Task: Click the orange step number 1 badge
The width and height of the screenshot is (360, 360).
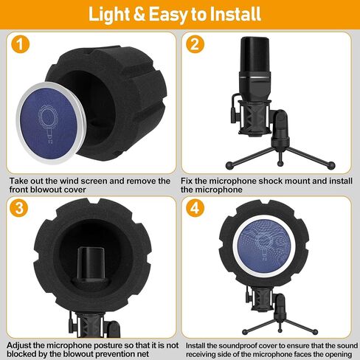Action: [20, 44]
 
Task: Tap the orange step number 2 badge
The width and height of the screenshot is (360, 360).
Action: [195, 44]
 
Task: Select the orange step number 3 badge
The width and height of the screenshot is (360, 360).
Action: [19, 208]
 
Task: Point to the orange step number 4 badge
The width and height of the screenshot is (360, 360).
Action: [195, 208]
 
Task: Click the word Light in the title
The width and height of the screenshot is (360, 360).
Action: [109, 15]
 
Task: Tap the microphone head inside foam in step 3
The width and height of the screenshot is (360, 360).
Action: [91, 266]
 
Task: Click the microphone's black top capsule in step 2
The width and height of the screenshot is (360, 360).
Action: [255, 55]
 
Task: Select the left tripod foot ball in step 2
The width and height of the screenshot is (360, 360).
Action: [229, 165]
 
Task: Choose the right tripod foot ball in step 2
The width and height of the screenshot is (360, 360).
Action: [331, 165]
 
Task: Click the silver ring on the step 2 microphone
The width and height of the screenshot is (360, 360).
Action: [255, 77]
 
